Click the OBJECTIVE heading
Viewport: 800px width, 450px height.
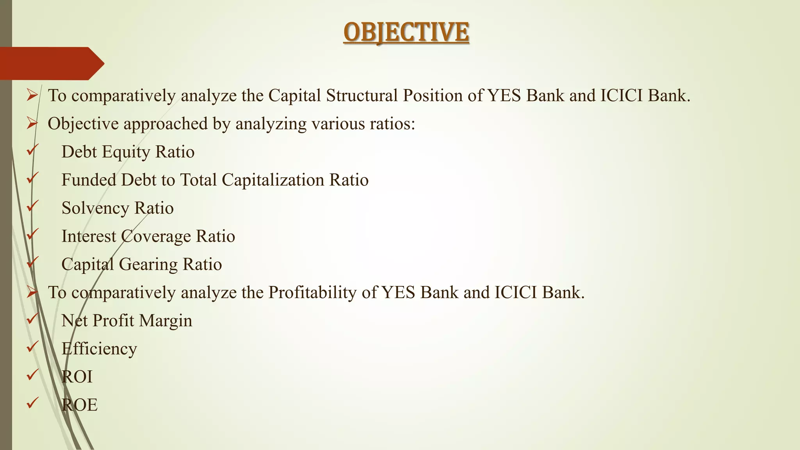(406, 32)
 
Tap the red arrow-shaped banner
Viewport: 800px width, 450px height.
(51, 63)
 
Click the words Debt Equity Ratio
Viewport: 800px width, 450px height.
(128, 152)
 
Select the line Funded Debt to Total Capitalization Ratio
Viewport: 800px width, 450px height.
(215, 180)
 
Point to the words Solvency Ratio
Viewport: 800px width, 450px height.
(117, 208)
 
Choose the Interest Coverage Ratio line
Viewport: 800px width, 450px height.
(148, 236)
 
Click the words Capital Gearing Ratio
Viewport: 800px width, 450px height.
(141, 264)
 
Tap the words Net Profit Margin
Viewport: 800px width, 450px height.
(127, 321)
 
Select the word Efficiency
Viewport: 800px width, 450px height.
(99, 349)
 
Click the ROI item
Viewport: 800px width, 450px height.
(77, 377)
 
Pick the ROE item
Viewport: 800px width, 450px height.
(79, 405)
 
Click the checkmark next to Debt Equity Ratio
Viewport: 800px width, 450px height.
(32, 150)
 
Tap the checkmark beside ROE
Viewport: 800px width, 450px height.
(32, 403)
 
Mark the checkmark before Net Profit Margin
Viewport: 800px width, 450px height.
(32, 318)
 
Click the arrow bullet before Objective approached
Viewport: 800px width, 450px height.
(32, 124)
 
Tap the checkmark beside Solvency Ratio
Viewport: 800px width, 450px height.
(32, 206)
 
